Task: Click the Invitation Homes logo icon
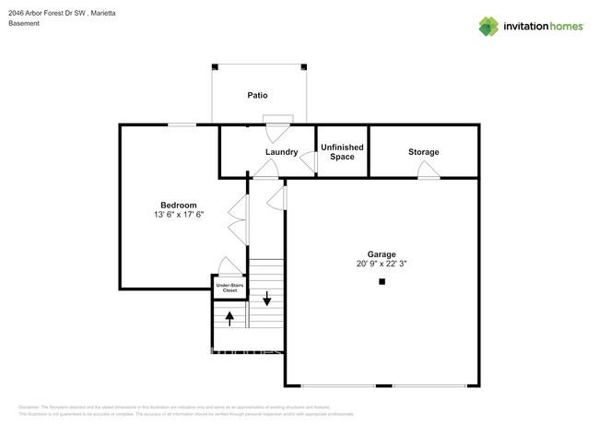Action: point(488,27)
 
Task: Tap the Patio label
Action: point(257,95)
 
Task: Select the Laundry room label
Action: point(281,152)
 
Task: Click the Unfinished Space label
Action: point(341,152)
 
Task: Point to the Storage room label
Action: point(424,152)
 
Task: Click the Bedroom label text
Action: point(179,205)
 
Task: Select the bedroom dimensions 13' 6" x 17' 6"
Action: point(179,215)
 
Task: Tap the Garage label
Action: point(382,253)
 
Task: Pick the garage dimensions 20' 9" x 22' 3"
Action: point(382,264)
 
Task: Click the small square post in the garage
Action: point(382,283)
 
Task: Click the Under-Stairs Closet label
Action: point(229,288)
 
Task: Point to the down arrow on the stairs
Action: point(267,299)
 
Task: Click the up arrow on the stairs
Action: point(229,318)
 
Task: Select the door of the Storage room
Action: point(429,170)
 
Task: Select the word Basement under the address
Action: point(24,25)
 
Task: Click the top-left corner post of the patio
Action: point(214,66)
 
